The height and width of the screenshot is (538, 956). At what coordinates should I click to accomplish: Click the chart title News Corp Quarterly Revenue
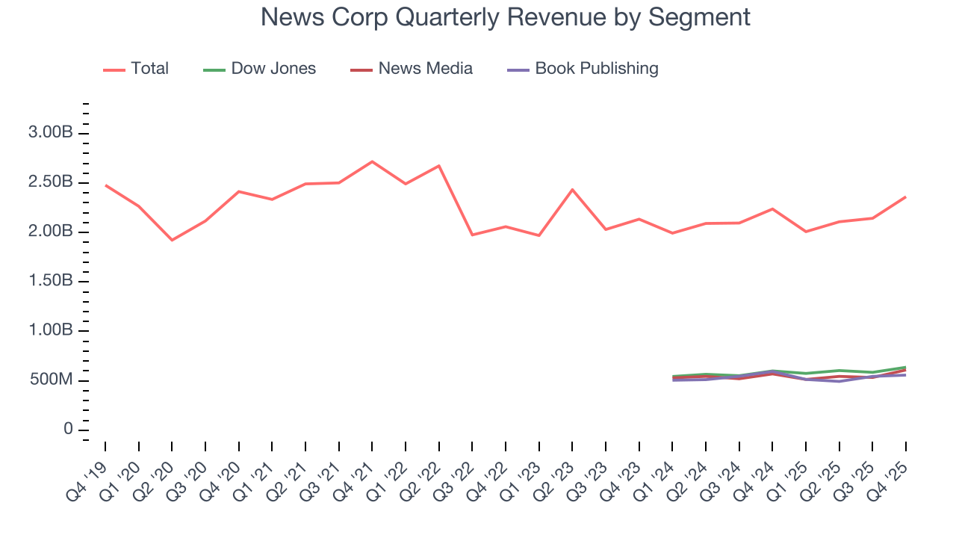pos(505,17)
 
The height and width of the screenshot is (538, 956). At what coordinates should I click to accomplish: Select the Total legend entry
pos(149,69)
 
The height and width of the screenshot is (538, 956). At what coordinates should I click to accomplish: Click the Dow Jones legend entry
pos(273,69)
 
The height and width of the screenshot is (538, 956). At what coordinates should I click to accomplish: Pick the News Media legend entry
pos(425,69)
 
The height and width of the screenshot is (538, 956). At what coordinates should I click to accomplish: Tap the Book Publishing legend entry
pos(596,69)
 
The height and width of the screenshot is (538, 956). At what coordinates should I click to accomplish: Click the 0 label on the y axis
pos(69,430)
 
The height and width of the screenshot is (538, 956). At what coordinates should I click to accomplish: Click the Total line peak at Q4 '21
pos(372,161)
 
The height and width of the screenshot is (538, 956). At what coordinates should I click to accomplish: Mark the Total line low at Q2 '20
pos(172,240)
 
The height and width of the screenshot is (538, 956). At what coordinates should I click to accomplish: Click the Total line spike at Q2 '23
pos(572,189)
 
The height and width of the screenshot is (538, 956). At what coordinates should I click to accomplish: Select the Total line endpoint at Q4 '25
pos(906,197)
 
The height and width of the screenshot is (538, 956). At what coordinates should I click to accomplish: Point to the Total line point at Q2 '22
pos(438,165)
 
